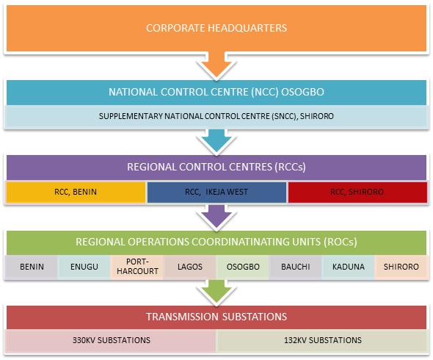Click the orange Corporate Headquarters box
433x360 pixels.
(x=216, y=28)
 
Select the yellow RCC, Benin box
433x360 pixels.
(x=76, y=192)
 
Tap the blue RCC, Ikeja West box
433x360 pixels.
(x=216, y=192)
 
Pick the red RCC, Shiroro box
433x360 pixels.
(x=357, y=192)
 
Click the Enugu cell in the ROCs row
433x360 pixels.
(x=84, y=267)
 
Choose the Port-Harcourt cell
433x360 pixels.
(x=137, y=267)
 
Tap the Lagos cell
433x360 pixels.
(x=190, y=267)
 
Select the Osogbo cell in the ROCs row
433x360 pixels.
(x=242, y=267)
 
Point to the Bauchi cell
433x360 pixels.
(x=295, y=267)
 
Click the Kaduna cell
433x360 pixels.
(x=348, y=267)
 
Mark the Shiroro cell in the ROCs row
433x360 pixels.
(x=401, y=267)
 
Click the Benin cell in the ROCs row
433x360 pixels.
(x=32, y=267)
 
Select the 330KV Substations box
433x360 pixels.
(x=111, y=340)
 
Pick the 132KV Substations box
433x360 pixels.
(x=322, y=340)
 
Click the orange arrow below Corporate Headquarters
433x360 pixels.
(x=216, y=66)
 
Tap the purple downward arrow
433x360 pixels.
(x=216, y=217)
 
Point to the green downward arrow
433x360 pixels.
(x=216, y=292)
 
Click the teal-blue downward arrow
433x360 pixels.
(x=216, y=142)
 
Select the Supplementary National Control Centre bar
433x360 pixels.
(x=216, y=116)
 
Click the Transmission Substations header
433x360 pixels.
(x=216, y=317)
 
